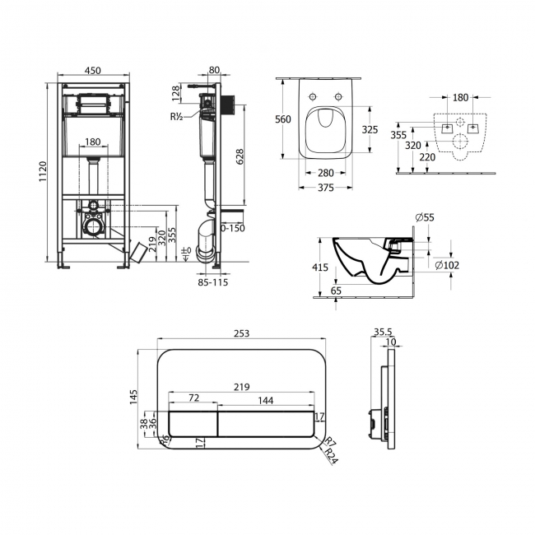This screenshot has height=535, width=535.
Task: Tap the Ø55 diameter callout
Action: click(425, 217)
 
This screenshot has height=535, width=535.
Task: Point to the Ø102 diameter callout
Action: click(446, 264)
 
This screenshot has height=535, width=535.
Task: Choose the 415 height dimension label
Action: click(321, 267)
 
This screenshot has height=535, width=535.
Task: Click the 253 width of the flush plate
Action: click(240, 334)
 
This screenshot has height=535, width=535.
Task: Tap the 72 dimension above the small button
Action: click(194, 398)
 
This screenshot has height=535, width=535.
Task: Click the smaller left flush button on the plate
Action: click(193, 423)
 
